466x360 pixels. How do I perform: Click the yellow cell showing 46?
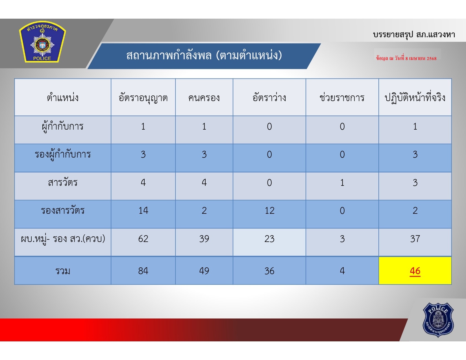pyautogui.click(x=415, y=270)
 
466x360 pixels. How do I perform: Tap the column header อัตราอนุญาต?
pyautogui.click(x=143, y=98)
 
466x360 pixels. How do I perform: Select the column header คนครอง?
pyautogui.click(x=204, y=98)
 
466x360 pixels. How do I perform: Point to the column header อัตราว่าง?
pyautogui.click(x=269, y=97)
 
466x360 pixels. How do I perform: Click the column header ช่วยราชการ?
pyautogui.click(x=342, y=97)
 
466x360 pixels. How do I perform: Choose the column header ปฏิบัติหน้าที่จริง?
pyautogui.click(x=415, y=98)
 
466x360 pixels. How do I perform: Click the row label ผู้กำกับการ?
pyautogui.click(x=63, y=126)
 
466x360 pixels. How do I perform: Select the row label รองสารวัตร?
pyautogui.click(x=63, y=210)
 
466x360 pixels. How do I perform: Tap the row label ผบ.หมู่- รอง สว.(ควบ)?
pyautogui.click(x=63, y=239)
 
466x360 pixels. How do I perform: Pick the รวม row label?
pyautogui.click(x=63, y=271)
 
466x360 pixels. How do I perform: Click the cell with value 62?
pyautogui.click(x=143, y=239)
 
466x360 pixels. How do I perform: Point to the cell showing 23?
pyautogui.click(x=269, y=239)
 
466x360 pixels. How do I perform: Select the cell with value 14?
pyautogui.click(x=143, y=211)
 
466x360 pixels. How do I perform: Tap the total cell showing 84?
pyautogui.click(x=143, y=271)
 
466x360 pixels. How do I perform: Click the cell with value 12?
pyautogui.click(x=269, y=211)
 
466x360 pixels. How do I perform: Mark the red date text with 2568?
pyautogui.click(x=406, y=58)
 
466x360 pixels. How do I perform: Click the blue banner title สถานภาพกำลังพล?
pyautogui.click(x=204, y=55)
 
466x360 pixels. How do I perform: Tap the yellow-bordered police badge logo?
pyautogui.click(x=42, y=42)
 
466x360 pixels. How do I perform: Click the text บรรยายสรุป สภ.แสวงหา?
pyautogui.click(x=414, y=34)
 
